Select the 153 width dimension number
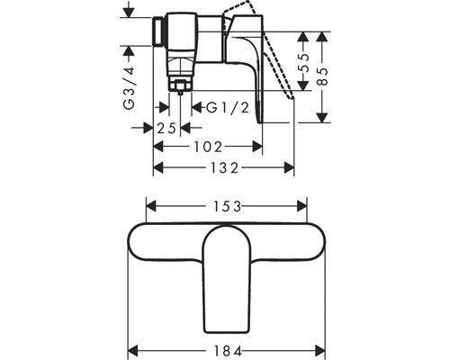coord(223,204)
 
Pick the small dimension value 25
coord(166,127)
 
